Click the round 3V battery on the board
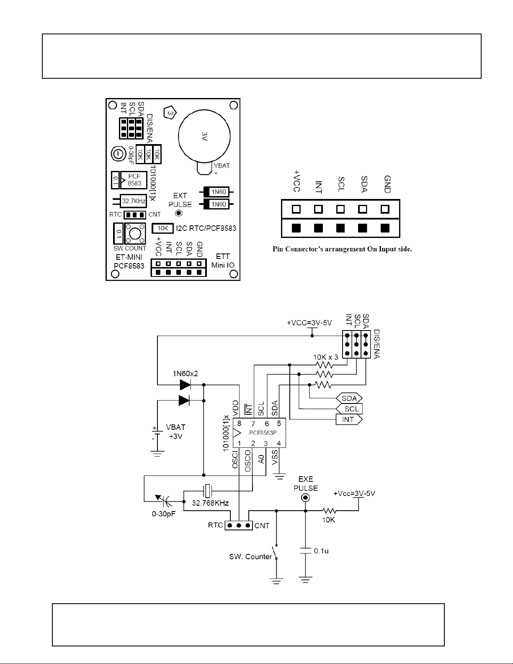[204, 136]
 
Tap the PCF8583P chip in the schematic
[259, 433]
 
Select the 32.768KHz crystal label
[210, 503]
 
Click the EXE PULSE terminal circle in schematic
[305, 498]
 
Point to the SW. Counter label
[250, 556]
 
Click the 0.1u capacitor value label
[321, 550]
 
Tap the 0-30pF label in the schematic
[164, 514]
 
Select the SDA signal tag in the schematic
[349, 398]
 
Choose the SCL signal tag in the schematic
[349, 409]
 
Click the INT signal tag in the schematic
[349, 419]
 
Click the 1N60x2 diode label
[186, 373]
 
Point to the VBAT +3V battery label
[175, 431]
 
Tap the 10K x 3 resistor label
[325, 357]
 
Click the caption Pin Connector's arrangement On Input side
[342, 249]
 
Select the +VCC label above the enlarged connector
[296, 181]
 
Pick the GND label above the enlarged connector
[387, 184]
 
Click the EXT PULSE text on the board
[180, 200]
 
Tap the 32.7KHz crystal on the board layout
[133, 201]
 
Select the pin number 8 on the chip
[240, 423]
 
